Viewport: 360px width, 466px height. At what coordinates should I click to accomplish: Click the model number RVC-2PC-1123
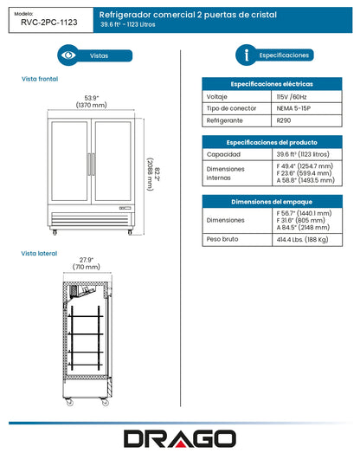47,25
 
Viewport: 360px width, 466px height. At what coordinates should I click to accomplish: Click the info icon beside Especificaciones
249,55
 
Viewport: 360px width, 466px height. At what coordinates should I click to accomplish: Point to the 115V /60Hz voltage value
292,97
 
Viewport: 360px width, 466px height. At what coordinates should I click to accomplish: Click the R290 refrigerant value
284,122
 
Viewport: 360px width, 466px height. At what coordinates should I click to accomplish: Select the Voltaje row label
218,97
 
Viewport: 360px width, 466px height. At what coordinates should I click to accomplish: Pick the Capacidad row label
222,153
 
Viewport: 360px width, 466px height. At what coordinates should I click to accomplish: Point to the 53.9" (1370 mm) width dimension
91,100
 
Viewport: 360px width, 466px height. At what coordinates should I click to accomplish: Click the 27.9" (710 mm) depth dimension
86,265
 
